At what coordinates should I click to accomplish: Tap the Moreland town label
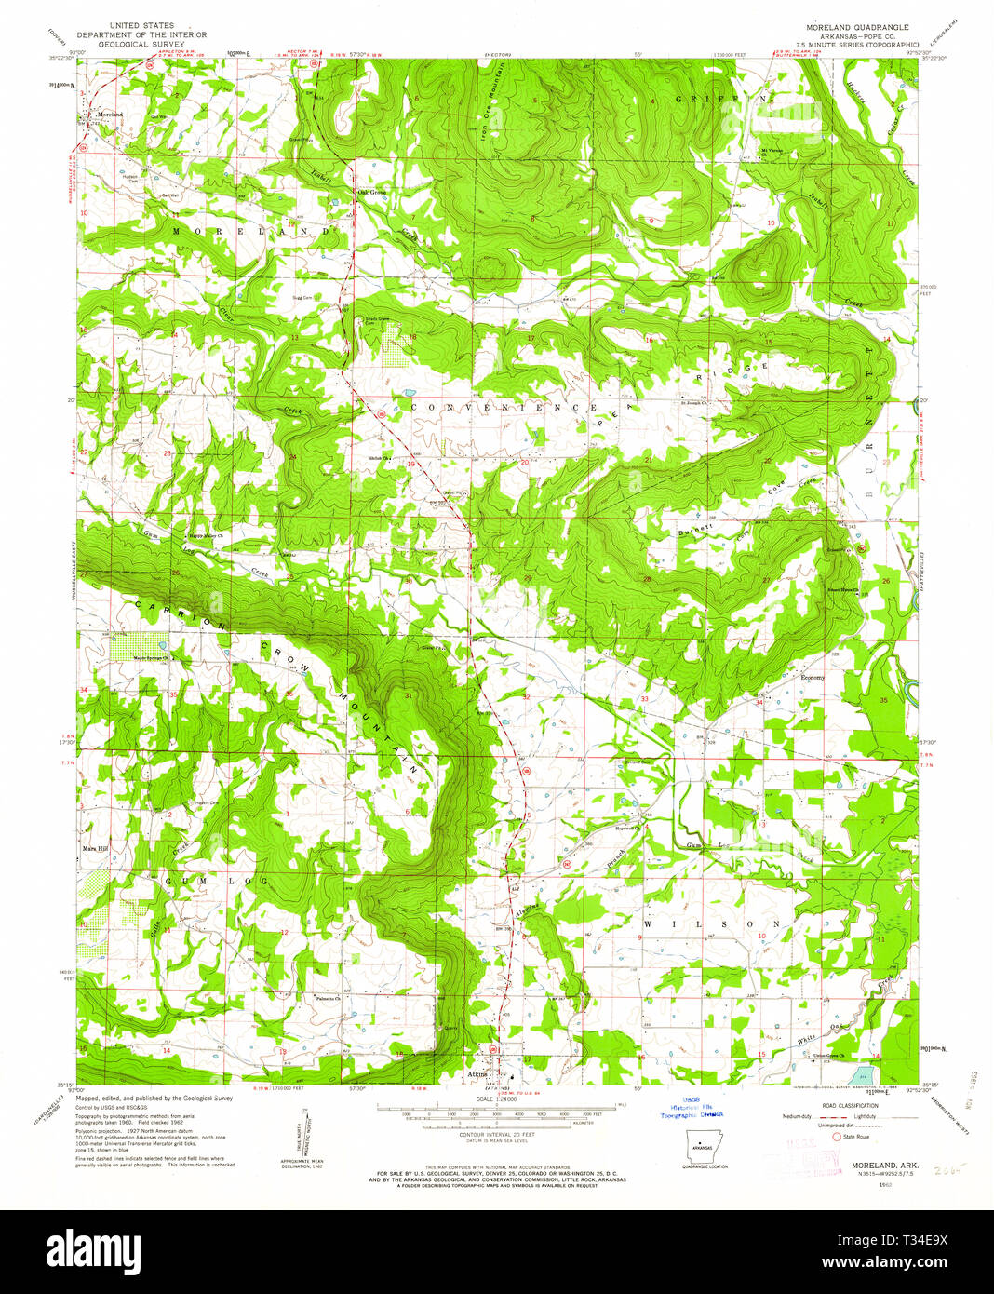[x=110, y=115]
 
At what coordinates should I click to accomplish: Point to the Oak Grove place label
[x=371, y=193]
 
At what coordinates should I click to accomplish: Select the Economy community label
[x=813, y=678]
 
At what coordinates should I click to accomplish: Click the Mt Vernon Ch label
[x=772, y=151]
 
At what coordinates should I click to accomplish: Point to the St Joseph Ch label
[x=694, y=403]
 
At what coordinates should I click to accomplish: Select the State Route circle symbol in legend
[x=837, y=1137]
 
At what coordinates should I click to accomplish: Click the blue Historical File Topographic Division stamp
[x=704, y=1107]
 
